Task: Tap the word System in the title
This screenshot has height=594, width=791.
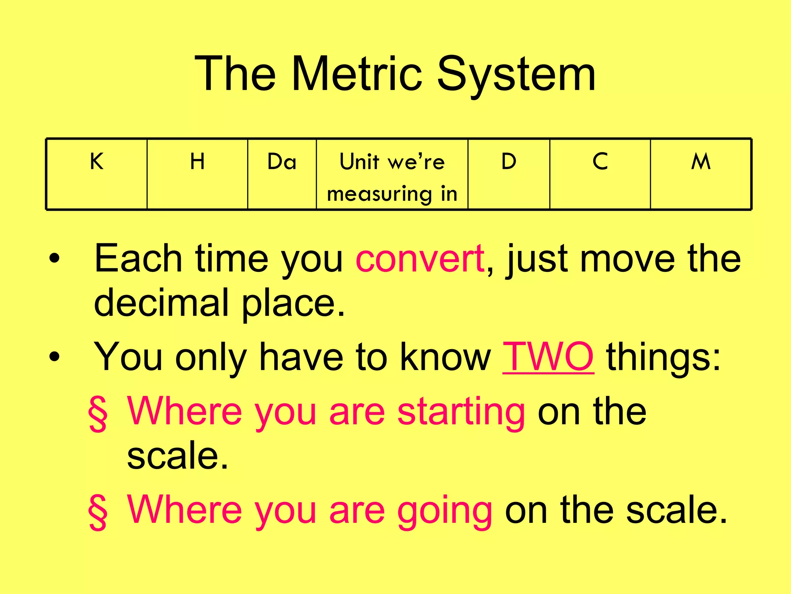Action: click(516, 74)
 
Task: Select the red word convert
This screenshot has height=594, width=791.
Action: click(420, 258)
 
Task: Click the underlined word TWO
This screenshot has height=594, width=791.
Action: click(548, 357)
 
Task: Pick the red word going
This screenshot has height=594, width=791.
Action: click(445, 510)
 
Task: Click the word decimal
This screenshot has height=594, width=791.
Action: click(161, 302)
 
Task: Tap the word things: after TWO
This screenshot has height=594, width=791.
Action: click(664, 357)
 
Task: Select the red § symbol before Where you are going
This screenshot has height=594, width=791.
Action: click(98, 512)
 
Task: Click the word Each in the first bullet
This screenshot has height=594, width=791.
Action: click(138, 258)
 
